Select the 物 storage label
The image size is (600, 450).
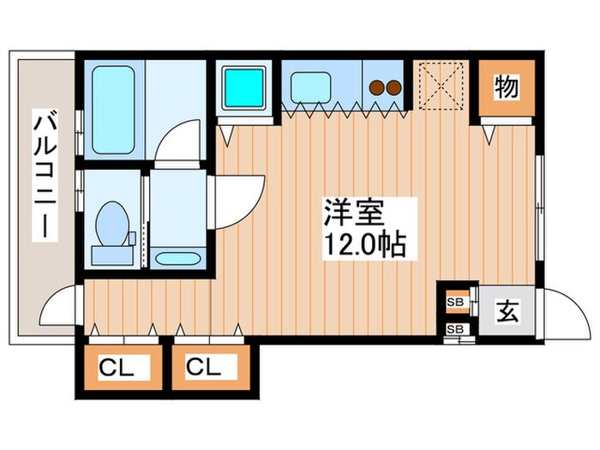pos(506,87)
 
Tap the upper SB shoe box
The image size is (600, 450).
pos(454,302)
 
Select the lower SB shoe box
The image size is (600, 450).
pos(454,329)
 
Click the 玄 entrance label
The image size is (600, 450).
pos(507,312)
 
